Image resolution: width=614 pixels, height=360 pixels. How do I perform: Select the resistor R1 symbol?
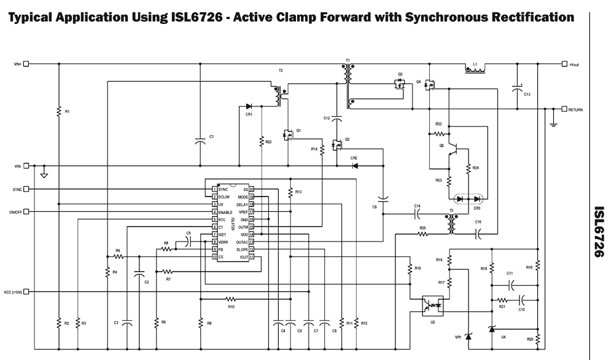click(x=58, y=112)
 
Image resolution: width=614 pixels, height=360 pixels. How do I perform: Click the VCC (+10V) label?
click(x=13, y=292)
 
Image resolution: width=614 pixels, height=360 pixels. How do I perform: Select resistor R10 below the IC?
click(x=231, y=299)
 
